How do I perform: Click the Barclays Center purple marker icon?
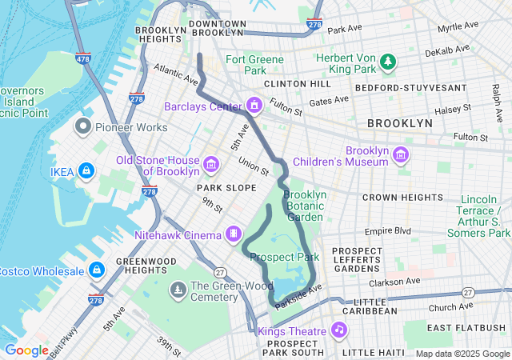point(255,106)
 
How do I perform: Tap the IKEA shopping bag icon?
point(87,170)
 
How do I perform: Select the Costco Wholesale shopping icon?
point(97,270)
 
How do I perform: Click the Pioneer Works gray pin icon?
point(82,126)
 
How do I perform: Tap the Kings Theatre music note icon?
point(339,330)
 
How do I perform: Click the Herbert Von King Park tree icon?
point(388,61)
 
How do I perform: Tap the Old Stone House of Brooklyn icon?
point(211,165)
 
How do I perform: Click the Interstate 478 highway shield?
point(84,58)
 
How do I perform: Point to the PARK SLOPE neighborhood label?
point(227,187)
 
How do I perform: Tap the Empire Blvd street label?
point(387,231)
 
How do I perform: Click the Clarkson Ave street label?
point(394,282)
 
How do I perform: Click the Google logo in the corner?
point(26,350)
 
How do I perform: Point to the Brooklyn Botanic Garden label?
point(305,206)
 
